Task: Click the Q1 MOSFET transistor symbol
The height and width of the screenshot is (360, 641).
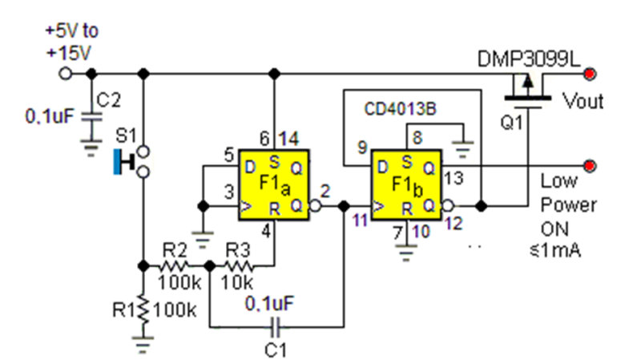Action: [x=526, y=90]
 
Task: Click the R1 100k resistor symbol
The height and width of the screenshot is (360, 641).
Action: [x=143, y=308]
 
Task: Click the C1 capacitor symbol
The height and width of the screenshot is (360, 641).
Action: [x=275, y=326]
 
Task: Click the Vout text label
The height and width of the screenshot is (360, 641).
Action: [x=583, y=101]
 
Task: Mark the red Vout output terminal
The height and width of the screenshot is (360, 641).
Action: [x=591, y=75]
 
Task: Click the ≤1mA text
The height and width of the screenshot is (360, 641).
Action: [x=560, y=251]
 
